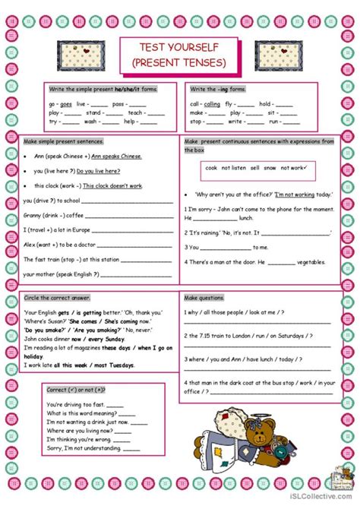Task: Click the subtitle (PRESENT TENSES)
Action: pyautogui.click(x=179, y=61)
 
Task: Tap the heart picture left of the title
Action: pyautogui.click(x=96, y=54)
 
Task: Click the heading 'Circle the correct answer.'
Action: pyautogui.click(x=58, y=297)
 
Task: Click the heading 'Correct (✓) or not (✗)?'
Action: pyautogui.click(x=76, y=389)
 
